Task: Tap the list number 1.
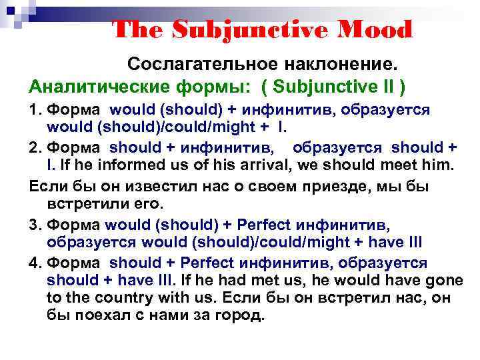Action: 33,109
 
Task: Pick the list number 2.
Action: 33,147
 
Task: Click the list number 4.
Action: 33,263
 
